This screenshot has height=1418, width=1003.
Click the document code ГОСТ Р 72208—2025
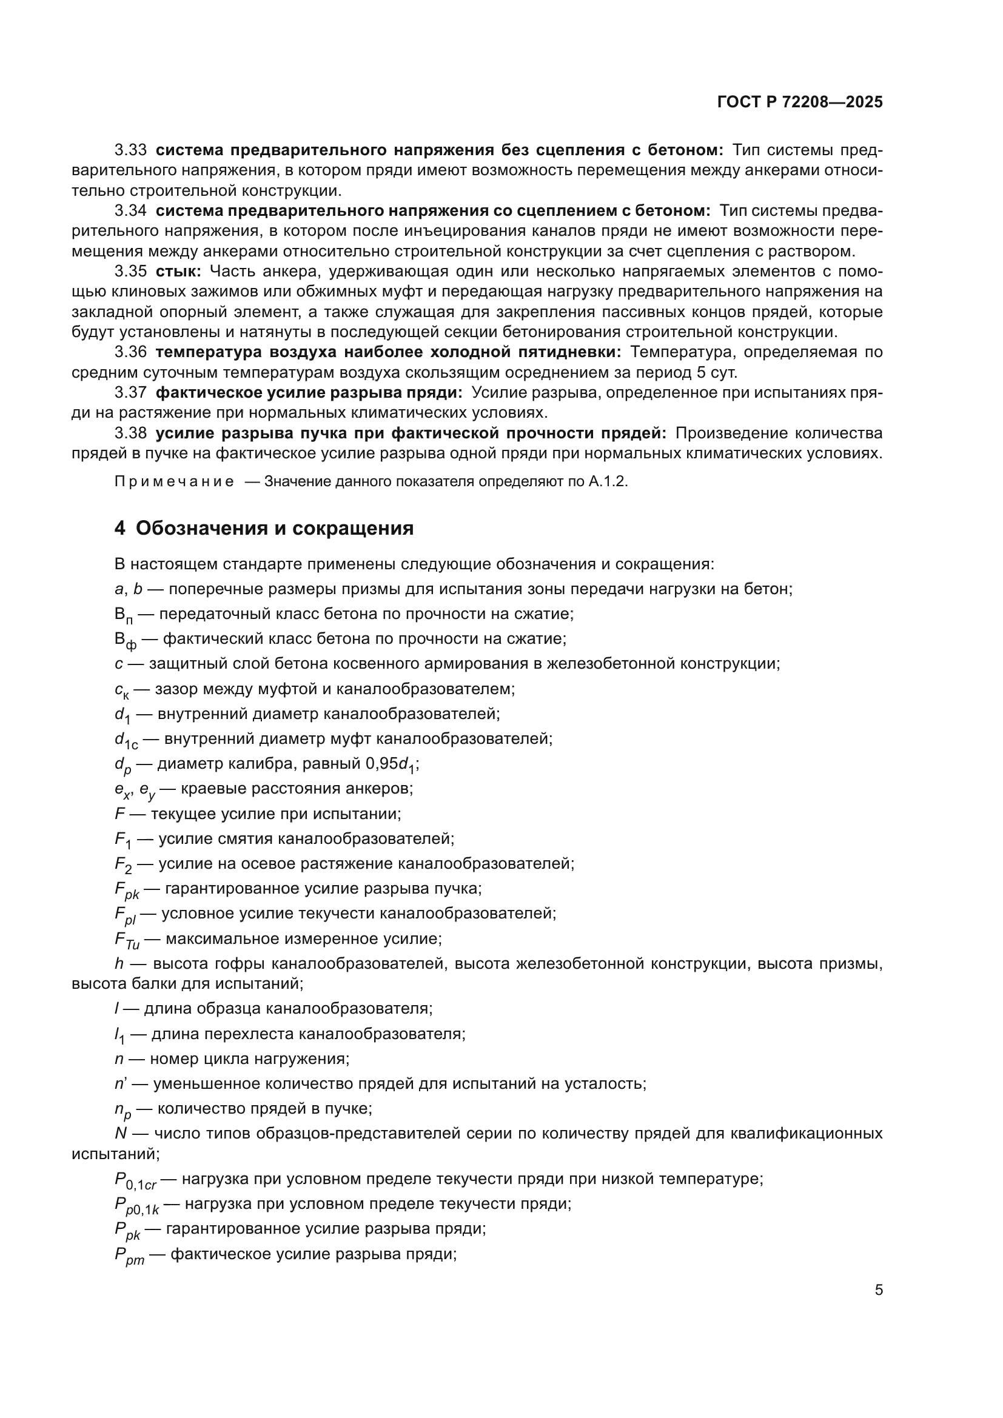[x=800, y=102]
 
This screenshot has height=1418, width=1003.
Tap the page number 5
[x=878, y=1290]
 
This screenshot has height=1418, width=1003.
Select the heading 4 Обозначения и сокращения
[x=264, y=528]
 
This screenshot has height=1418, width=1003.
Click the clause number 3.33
[x=130, y=150]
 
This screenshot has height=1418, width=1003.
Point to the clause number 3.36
[x=130, y=352]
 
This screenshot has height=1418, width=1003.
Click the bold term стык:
[x=178, y=271]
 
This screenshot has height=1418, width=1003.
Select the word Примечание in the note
[x=174, y=482]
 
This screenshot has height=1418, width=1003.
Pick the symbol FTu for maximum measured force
[x=127, y=941]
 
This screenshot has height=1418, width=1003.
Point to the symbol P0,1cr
[x=135, y=1180]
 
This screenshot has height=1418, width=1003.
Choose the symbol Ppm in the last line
[x=129, y=1256]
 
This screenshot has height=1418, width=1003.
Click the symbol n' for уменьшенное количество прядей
[x=121, y=1083]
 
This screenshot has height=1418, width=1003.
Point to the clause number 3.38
[x=130, y=433]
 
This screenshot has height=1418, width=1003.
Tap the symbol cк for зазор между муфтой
[x=122, y=690]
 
